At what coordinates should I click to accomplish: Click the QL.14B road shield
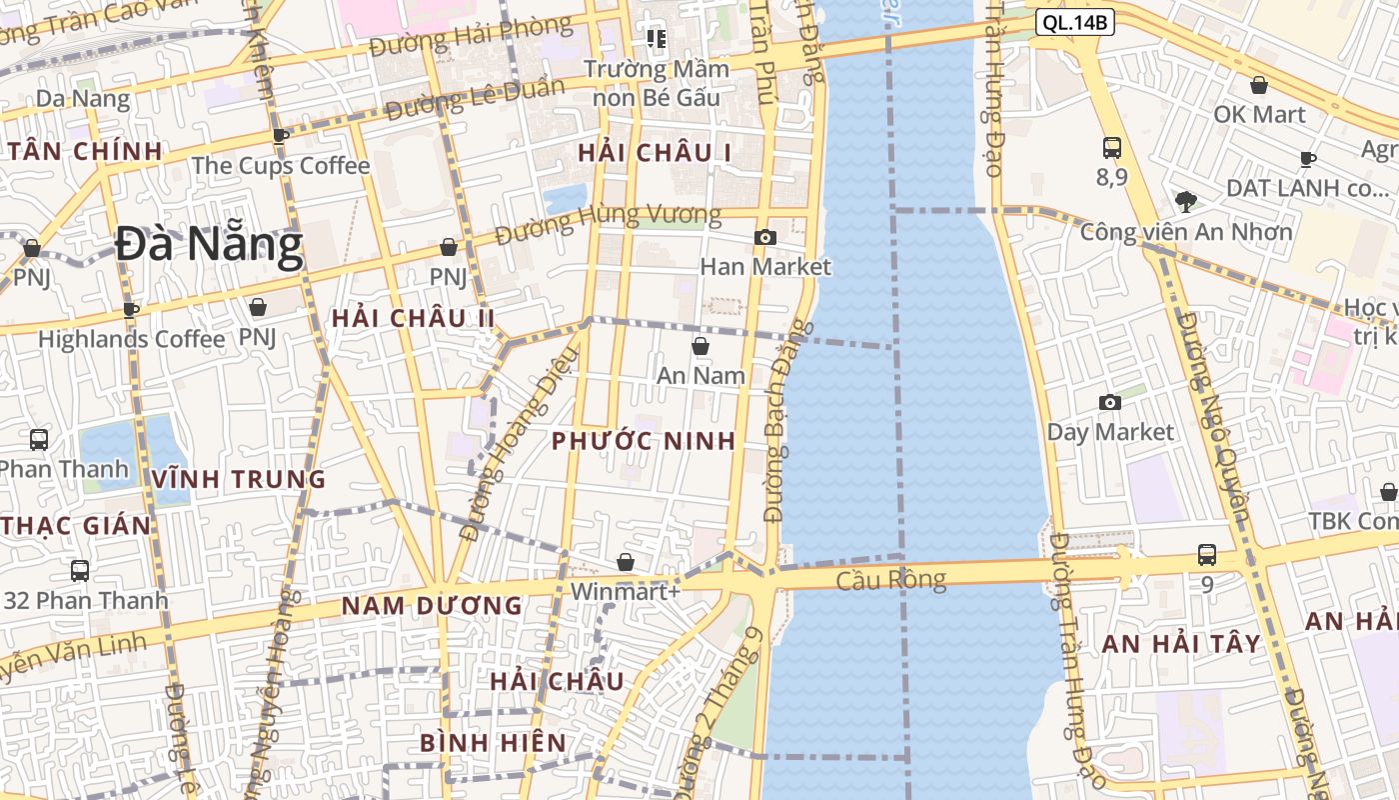point(1074,22)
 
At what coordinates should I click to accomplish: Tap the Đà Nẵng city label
point(208,245)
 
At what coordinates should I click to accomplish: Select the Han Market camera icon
point(765,237)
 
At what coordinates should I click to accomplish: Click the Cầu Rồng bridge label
point(890,580)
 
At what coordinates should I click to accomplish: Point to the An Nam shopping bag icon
point(700,346)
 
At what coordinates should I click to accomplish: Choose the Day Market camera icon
point(1110,402)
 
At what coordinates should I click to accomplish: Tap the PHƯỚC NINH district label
point(644,441)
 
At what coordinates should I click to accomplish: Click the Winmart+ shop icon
point(626,562)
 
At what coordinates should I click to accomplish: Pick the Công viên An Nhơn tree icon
point(1186,202)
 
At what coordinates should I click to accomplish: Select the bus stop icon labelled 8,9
point(1111,148)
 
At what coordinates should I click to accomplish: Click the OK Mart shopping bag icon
point(1259,85)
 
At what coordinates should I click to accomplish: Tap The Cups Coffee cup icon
point(281,136)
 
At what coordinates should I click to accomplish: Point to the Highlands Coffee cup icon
point(131,309)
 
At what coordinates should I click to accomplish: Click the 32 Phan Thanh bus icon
point(80,571)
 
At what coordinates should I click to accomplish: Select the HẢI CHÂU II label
point(414,318)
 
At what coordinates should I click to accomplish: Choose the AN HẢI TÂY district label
point(1181,644)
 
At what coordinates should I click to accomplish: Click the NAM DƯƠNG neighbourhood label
point(432,605)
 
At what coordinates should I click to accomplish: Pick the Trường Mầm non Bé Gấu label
point(656,83)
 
